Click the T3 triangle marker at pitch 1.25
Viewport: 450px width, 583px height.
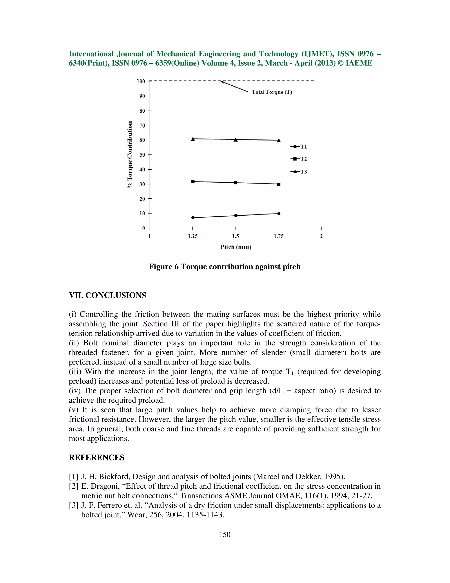193,139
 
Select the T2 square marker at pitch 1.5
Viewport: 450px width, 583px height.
236,183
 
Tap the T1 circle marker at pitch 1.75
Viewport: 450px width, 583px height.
279,214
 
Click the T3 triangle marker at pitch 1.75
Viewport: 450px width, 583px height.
279,140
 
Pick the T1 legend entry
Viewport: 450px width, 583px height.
299,147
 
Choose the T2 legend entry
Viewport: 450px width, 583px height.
299,159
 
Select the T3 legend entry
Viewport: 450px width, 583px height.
299,172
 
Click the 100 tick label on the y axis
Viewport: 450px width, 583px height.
141,81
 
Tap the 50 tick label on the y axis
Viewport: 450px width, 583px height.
142,155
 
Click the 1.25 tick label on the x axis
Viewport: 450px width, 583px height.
193,236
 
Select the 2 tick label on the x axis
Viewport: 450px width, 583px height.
321,236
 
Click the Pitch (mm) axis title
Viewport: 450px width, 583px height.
236,247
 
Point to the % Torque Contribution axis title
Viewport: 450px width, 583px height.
130,155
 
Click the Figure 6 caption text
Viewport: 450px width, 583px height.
225,267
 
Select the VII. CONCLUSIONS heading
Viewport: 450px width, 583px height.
107,295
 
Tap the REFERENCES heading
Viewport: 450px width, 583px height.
96,458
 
